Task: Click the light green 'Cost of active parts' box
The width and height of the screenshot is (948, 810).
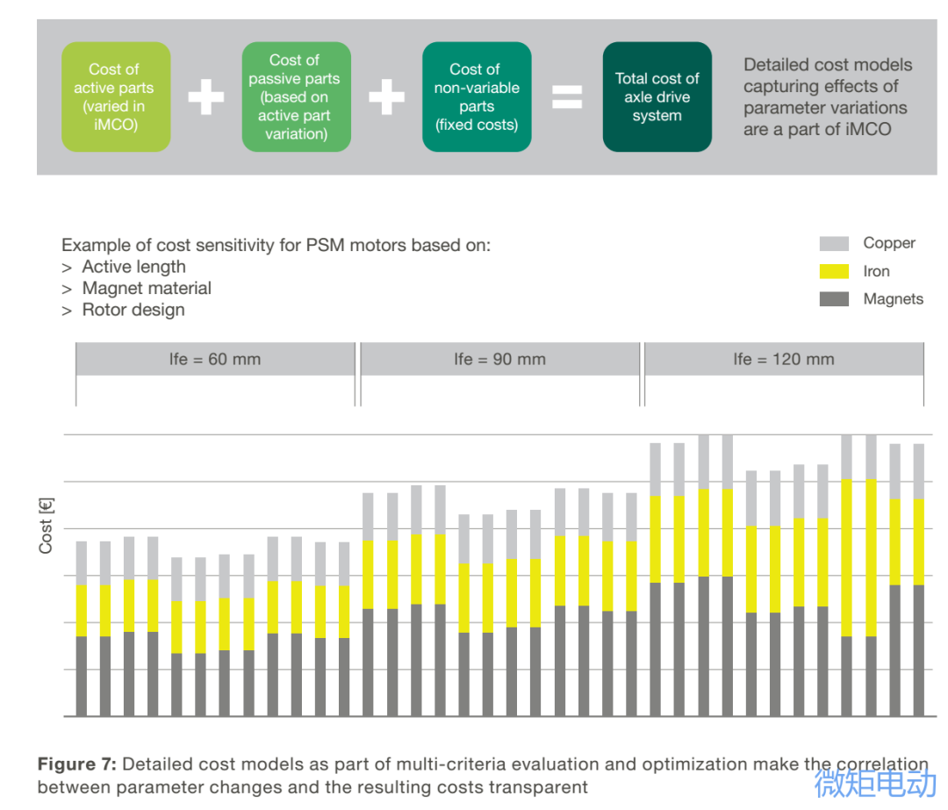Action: [x=115, y=97]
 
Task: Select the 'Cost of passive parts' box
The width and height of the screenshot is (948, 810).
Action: [x=296, y=97]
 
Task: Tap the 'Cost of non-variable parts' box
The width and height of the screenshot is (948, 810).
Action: [x=476, y=97]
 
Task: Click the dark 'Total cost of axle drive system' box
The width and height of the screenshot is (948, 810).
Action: [x=657, y=97]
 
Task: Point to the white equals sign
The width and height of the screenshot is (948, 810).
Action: [x=567, y=97]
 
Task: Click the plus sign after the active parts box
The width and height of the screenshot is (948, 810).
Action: [x=206, y=97]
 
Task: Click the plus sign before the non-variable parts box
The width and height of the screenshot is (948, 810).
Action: [x=386, y=97]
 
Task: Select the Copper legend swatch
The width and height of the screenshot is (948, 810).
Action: [x=834, y=243]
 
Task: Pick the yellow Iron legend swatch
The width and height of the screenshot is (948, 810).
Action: [x=834, y=271]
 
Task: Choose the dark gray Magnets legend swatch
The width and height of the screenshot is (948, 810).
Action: [x=834, y=299]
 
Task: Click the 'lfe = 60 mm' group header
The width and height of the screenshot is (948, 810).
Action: [x=215, y=360]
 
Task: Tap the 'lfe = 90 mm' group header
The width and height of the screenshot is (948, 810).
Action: [x=499, y=360]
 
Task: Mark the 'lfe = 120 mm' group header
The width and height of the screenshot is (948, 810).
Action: [x=784, y=360]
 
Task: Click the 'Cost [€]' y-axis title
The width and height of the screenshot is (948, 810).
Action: [x=47, y=526]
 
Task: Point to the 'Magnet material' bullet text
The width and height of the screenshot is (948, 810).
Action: [x=147, y=288]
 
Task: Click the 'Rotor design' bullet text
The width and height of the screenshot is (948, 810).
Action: [x=133, y=310]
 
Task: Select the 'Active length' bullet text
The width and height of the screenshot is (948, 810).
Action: [x=133, y=267]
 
